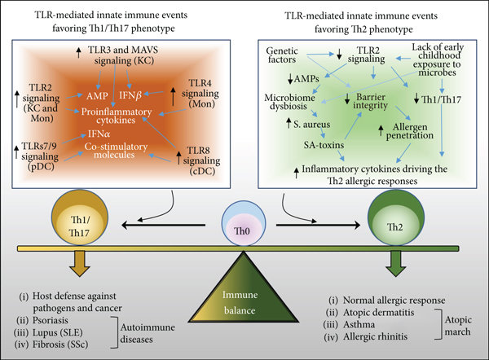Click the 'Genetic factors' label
click(x=289, y=55)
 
